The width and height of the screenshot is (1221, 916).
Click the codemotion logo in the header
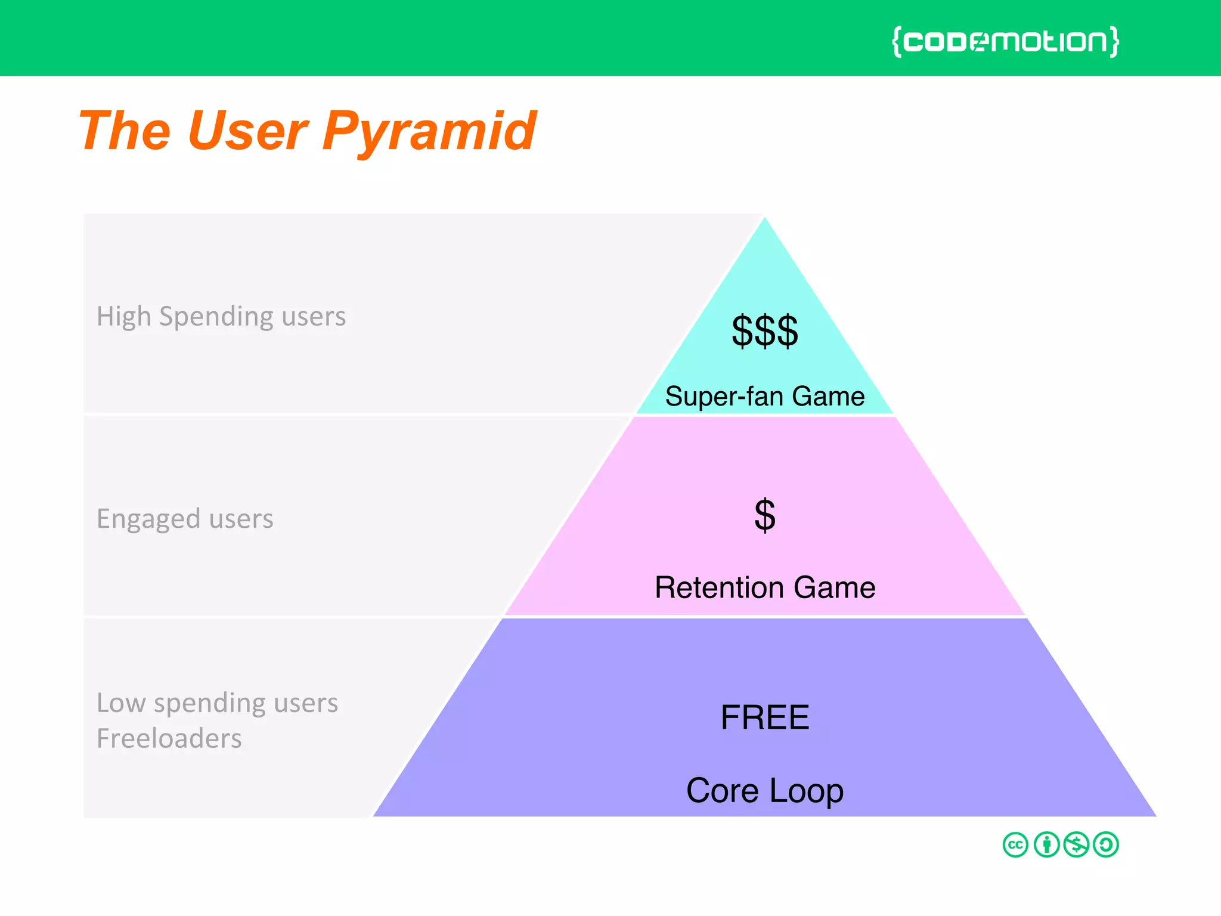(1005, 41)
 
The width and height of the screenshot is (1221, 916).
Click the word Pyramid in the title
(429, 131)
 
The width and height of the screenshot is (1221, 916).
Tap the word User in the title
(247, 131)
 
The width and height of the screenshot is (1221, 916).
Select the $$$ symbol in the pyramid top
(764, 331)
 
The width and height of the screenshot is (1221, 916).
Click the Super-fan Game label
(764, 397)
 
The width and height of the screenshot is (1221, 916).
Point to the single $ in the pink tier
(764, 515)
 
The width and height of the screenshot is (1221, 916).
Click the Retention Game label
(764, 587)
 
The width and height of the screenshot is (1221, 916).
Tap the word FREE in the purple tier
(764, 717)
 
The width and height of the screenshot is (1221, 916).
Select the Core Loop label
(764, 790)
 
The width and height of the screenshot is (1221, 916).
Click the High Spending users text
(221, 316)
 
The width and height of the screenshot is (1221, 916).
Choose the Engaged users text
(185, 519)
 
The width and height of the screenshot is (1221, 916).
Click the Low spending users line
(217, 703)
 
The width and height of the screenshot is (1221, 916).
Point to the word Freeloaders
(169, 738)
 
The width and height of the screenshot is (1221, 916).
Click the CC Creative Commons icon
(1015, 844)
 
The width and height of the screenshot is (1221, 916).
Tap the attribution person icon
(1046, 844)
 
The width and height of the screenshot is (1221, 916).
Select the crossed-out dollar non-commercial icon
(1076, 844)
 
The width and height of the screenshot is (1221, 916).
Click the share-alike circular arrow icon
(1106, 844)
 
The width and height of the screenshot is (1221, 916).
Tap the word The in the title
(124, 131)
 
